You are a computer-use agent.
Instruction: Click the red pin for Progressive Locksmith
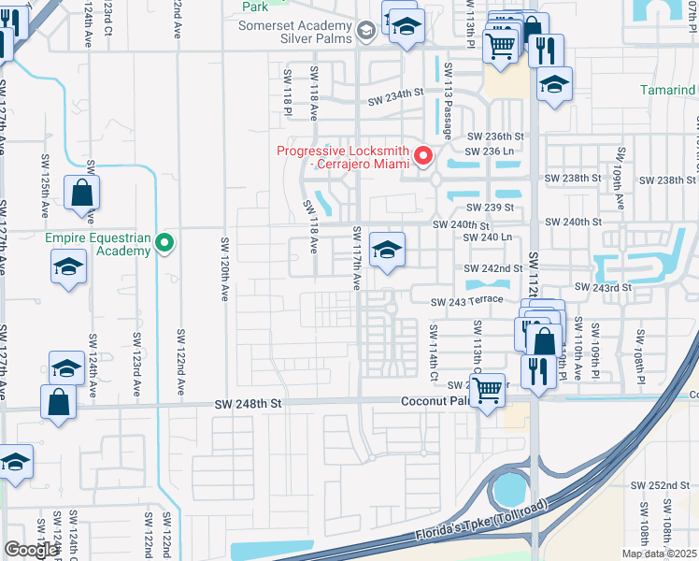423,155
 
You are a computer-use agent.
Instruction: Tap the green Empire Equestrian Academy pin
165,244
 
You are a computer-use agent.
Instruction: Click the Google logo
31,550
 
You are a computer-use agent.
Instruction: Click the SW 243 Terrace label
466,301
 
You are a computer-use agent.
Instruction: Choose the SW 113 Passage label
449,100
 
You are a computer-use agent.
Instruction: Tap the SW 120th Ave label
225,269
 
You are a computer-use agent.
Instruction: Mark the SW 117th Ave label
356,258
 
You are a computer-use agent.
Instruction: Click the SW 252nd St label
659,485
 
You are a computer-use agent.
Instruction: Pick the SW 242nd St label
494,268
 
